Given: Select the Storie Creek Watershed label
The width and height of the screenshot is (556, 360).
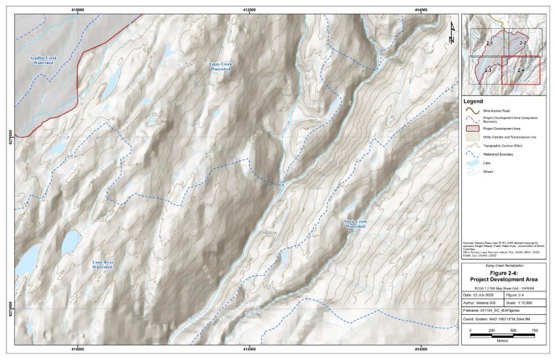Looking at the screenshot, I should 355,223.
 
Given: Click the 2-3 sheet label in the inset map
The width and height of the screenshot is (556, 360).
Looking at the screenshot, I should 487,69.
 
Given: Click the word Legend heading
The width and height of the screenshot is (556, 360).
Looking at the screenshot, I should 473,102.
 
